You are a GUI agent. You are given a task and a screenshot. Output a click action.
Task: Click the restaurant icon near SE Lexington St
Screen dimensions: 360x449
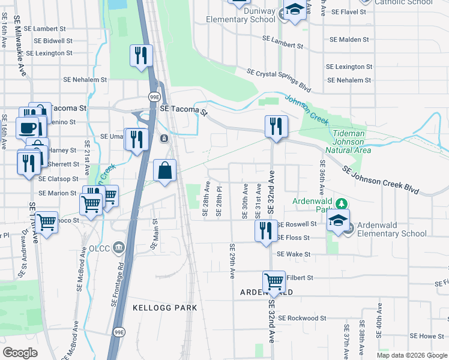pos(141,56)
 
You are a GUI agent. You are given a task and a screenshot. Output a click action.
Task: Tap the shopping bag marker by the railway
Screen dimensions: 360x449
pos(165,171)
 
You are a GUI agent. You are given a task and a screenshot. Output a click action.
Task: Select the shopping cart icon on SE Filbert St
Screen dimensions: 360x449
pos(274,281)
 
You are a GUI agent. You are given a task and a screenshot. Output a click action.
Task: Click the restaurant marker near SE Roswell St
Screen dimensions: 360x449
pos(266,230)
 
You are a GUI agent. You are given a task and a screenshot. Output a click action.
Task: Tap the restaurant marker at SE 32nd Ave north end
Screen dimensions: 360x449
pos(276,126)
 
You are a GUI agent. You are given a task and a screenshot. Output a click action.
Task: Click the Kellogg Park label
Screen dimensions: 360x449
pos(164,308)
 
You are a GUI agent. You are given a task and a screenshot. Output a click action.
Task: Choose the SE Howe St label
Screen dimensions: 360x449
pos(427,337)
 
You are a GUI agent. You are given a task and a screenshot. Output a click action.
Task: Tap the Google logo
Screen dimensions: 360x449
pos(20,353)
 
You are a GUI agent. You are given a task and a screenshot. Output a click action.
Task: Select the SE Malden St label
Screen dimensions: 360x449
pos(349,40)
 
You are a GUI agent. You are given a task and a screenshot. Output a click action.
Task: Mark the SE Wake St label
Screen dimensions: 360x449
pos(294,254)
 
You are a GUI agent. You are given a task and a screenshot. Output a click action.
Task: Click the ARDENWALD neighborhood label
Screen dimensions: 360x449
pos(267,292)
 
